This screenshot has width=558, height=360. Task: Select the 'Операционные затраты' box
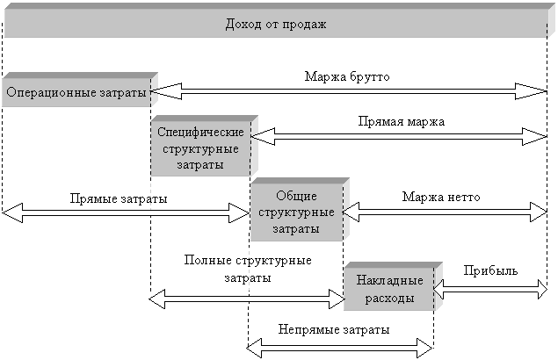click(x=76, y=92)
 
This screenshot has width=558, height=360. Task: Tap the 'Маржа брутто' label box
click(x=346, y=76)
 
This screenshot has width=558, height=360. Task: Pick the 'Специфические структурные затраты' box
click(x=200, y=147)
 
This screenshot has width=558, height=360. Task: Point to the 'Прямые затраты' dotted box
click(x=119, y=198)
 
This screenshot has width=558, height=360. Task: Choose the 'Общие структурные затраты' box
click(x=296, y=212)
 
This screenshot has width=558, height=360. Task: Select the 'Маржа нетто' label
click(x=440, y=196)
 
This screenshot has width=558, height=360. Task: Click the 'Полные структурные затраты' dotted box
click(x=247, y=268)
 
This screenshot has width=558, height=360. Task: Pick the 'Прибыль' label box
click(x=489, y=269)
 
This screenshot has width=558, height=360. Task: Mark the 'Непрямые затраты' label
click(x=334, y=328)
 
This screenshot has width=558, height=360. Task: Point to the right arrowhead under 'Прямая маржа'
click(x=536, y=136)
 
